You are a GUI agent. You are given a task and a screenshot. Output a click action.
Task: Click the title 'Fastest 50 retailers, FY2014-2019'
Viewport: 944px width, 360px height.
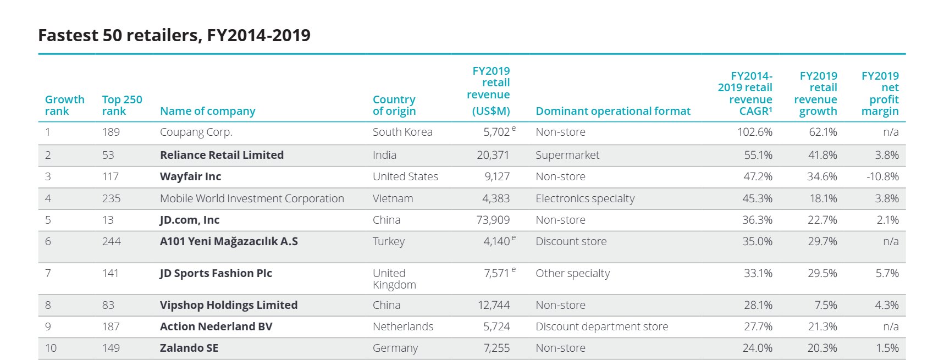point(174,35)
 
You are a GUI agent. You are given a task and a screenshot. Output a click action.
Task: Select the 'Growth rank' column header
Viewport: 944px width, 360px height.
point(64,105)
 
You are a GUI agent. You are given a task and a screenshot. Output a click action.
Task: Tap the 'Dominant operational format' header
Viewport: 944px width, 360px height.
point(612,111)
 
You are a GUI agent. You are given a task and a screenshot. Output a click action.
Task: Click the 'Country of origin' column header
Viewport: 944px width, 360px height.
point(394,105)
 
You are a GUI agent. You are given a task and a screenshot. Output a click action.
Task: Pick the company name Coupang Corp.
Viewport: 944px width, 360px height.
point(196,132)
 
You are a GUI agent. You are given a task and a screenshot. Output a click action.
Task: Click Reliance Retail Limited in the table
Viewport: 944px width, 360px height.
point(222,155)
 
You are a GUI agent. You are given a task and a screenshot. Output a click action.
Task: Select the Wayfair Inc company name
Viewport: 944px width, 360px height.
point(190,176)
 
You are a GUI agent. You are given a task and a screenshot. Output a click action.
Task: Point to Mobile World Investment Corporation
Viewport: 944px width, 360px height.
point(252,198)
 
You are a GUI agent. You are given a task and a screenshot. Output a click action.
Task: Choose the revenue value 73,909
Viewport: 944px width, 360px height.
point(493,220)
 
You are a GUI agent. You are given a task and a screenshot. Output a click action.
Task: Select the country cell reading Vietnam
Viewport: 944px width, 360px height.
point(393,198)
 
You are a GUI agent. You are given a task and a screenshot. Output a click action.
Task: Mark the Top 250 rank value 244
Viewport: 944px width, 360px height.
point(111,241)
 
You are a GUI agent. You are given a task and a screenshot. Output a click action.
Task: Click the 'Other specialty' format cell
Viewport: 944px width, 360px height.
point(572,273)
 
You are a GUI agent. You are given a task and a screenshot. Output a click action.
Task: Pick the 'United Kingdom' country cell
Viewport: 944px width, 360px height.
point(394,279)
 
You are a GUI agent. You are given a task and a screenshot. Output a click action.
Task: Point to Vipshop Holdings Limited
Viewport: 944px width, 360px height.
point(228,305)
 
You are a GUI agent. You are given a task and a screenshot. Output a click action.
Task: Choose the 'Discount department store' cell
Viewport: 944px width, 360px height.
point(601,326)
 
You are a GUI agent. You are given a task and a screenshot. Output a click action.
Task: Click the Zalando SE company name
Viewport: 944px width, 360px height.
point(189,348)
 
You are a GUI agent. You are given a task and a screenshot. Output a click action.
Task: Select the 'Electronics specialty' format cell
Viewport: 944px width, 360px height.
point(584,198)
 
